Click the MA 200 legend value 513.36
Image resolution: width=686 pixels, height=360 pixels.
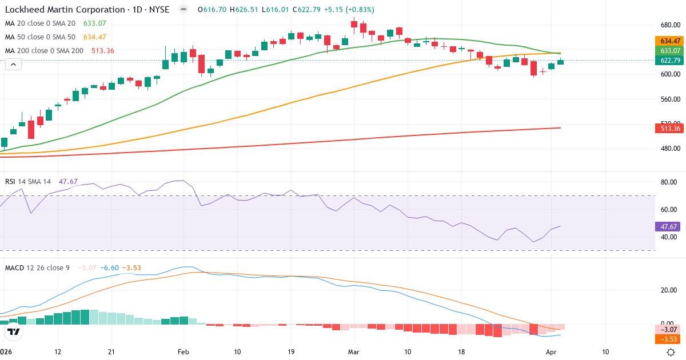(102, 51)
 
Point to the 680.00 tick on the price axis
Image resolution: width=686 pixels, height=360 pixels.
(669, 26)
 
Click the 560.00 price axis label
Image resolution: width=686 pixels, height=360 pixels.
(669, 99)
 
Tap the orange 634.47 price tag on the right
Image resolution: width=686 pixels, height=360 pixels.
(669, 41)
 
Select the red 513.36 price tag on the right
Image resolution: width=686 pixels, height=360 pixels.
(669, 129)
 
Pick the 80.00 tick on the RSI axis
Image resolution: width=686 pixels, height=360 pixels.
(669, 183)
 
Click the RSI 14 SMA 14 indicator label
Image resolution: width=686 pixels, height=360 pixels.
(28, 182)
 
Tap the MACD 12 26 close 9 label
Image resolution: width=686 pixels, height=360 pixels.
(37, 268)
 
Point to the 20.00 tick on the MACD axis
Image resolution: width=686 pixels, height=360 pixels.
(669, 290)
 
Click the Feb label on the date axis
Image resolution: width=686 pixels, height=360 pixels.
(183, 352)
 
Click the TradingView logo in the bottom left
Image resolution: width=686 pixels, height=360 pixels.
(14, 331)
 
